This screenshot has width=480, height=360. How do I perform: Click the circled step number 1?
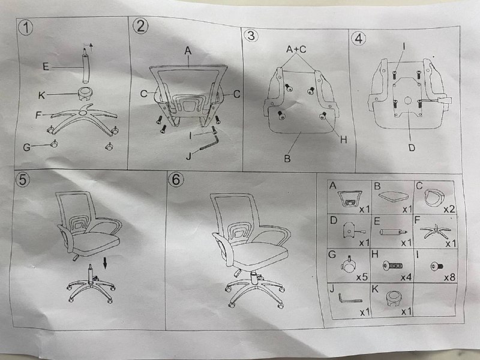(x=25, y=28)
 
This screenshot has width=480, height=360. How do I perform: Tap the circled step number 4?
(x=358, y=38)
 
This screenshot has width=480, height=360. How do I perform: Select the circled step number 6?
(x=176, y=179)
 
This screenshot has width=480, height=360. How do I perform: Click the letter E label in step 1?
(x=46, y=67)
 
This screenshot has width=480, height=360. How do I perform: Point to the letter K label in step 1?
(x=41, y=95)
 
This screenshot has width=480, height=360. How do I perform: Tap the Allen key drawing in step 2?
(x=209, y=143)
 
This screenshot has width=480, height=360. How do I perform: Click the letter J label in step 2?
(x=189, y=157)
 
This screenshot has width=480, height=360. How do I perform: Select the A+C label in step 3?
(x=296, y=49)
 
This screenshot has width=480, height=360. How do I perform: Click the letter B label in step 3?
(x=287, y=158)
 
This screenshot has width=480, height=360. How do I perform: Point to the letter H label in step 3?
(x=343, y=140)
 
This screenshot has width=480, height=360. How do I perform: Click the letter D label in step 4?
(x=412, y=148)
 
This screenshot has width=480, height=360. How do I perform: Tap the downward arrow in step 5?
(x=105, y=263)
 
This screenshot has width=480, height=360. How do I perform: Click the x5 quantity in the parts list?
(x=362, y=277)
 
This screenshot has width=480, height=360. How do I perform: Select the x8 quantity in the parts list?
(x=449, y=277)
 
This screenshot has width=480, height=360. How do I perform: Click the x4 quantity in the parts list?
(x=406, y=277)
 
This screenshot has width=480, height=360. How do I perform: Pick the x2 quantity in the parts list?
(x=449, y=209)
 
